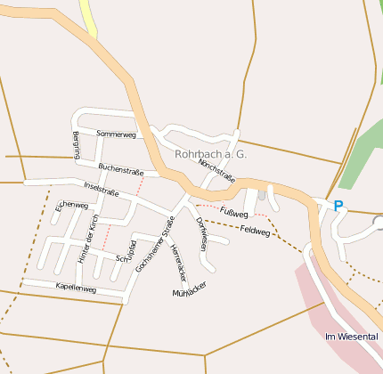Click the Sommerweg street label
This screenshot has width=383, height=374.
click(x=116, y=134)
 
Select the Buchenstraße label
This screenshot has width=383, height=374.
click(x=120, y=167)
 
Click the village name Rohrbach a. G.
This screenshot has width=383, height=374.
click(x=211, y=154)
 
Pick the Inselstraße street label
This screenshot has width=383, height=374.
click(x=101, y=189)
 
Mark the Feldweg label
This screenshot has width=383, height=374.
click(x=255, y=229)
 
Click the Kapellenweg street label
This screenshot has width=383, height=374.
click(x=75, y=289)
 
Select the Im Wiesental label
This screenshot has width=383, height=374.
click(x=353, y=337)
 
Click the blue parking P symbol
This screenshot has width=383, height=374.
click(x=338, y=206)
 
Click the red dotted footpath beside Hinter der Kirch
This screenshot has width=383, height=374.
click(x=108, y=237)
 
